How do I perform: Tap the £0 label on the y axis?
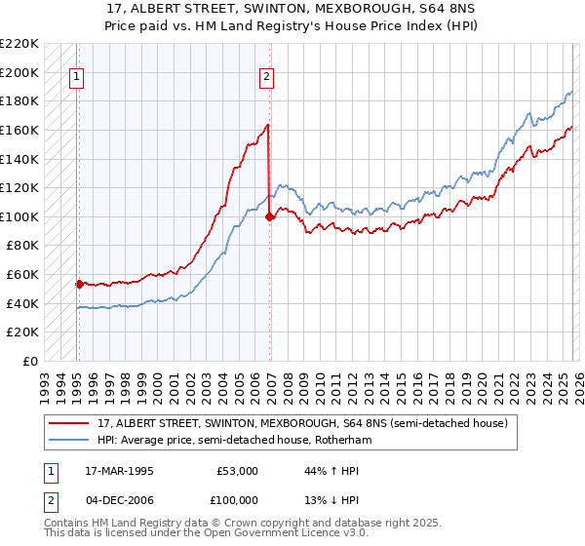click(x=30, y=361)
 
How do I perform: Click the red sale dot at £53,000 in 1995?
click(x=79, y=284)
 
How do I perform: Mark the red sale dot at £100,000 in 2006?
click(x=269, y=216)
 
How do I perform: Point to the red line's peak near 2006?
click(x=267, y=125)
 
